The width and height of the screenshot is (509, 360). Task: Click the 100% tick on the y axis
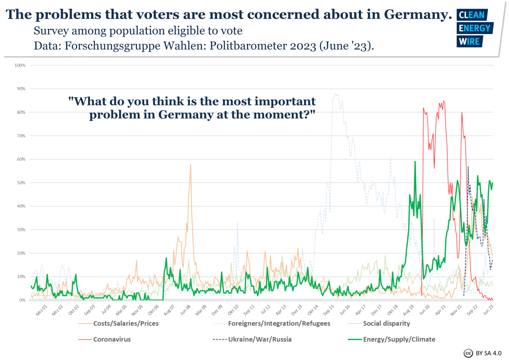(x=20, y=65)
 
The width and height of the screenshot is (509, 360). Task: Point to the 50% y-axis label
(x=21, y=183)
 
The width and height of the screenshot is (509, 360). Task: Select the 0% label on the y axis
(x=22, y=300)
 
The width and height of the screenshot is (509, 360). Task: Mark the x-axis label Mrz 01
(x=41, y=309)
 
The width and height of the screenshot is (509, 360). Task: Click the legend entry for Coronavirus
(x=112, y=339)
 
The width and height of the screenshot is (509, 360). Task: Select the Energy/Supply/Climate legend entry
(x=399, y=339)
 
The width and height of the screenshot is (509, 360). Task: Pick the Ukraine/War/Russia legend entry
(x=260, y=339)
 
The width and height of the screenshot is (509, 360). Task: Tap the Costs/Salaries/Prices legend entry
(x=126, y=323)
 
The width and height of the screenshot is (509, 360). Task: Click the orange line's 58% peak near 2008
(x=190, y=164)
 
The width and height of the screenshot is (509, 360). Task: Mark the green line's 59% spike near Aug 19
(x=415, y=162)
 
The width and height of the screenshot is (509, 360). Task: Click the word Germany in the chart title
(x=417, y=15)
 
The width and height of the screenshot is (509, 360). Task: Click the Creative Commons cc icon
(x=468, y=353)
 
